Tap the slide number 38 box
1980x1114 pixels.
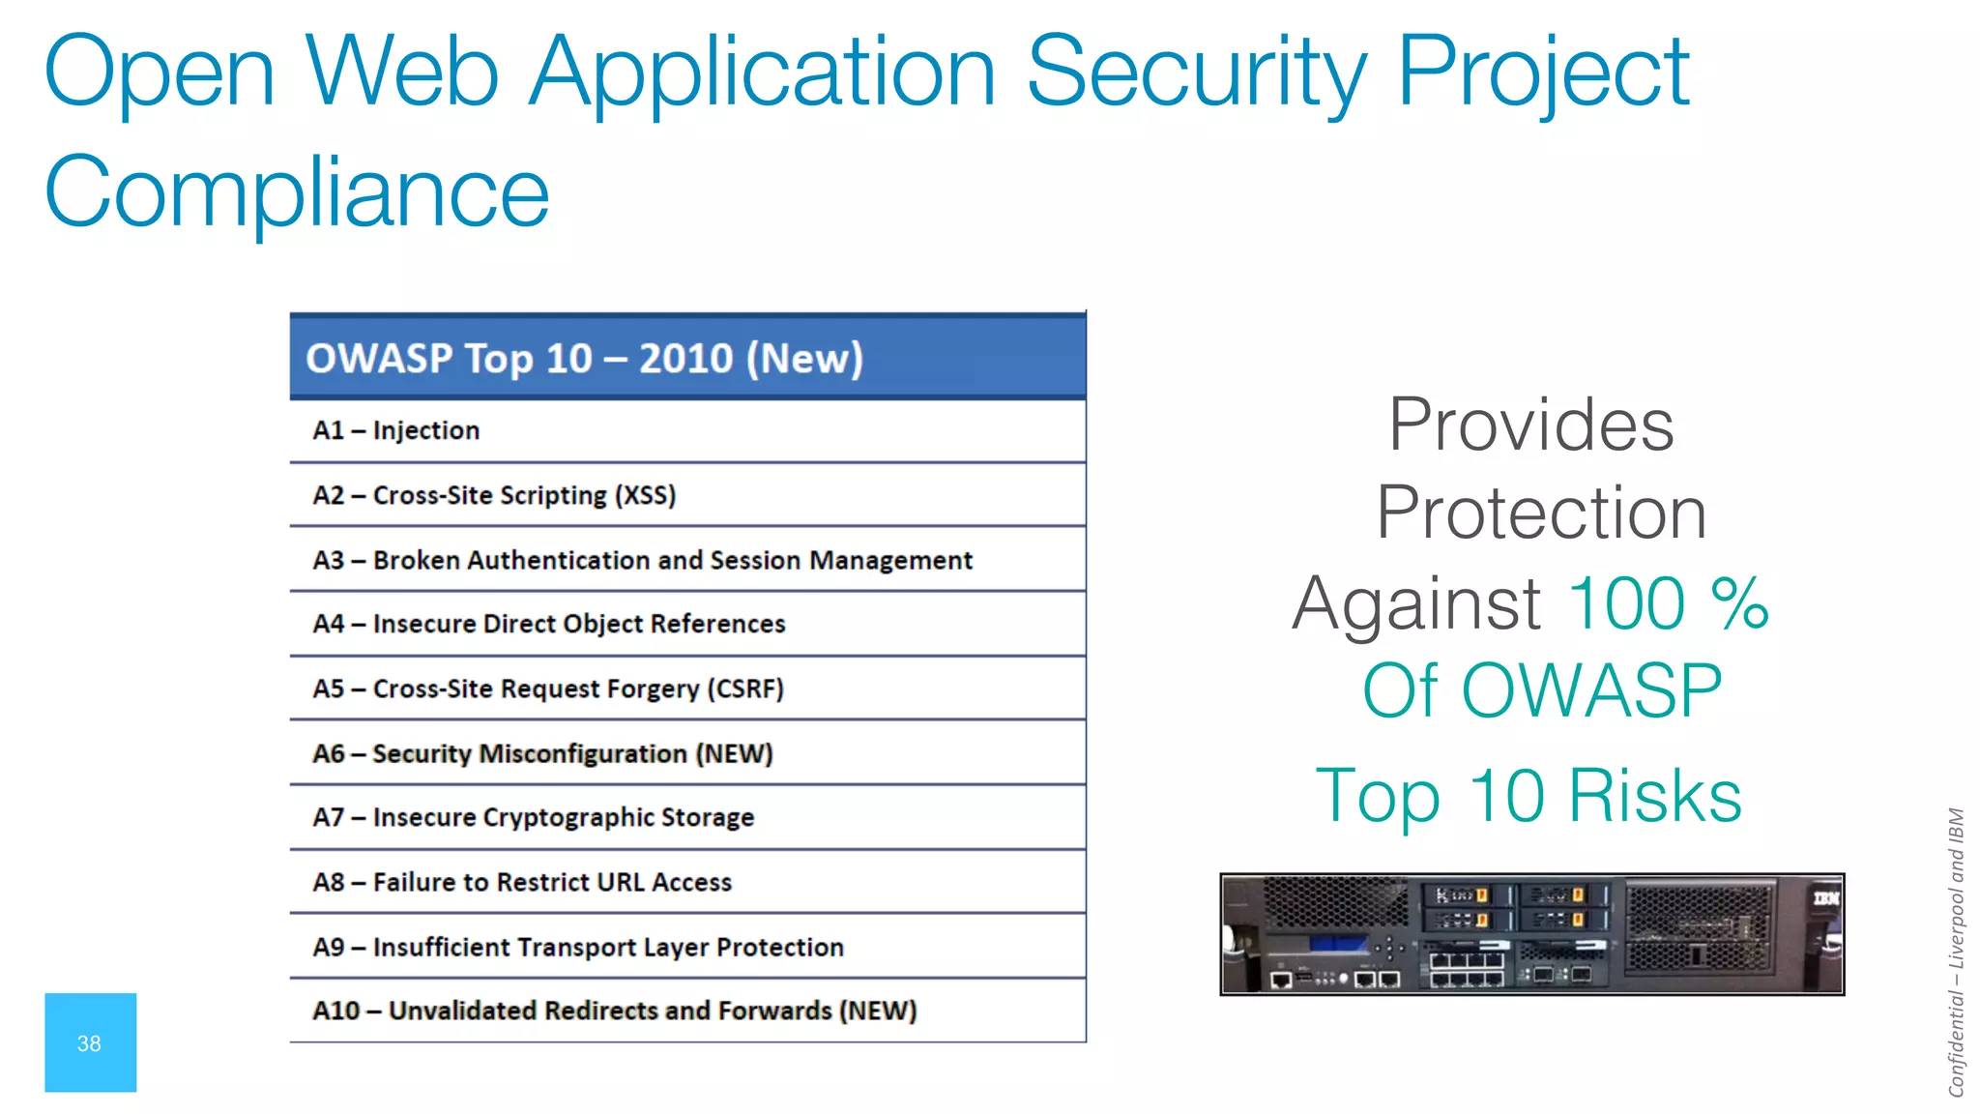[x=90, y=1042]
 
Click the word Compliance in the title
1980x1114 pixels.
[x=297, y=192]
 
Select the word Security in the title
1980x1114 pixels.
[x=1196, y=72]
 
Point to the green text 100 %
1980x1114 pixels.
[x=1668, y=603]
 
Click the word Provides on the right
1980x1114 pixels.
[x=1530, y=425]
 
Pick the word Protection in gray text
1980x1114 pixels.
[x=1541, y=513]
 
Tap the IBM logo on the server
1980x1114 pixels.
[x=1825, y=898]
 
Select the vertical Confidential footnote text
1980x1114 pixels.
[x=1956, y=952]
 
